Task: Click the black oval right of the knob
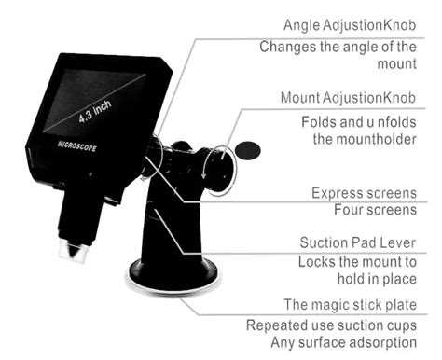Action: point(248,148)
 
